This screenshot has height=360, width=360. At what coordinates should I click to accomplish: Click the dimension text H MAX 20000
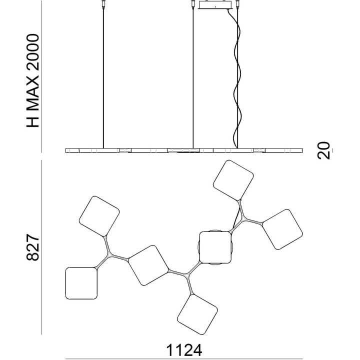coord(32,80)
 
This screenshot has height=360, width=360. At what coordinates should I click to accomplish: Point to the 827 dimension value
coord(32,247)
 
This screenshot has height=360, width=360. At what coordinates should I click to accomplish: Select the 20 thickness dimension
coord(323,150)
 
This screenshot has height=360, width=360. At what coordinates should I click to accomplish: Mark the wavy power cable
coord(236,78)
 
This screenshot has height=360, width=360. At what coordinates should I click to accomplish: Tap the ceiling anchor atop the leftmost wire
coord(103,4)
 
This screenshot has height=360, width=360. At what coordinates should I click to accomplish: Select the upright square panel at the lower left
coord(81,283)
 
